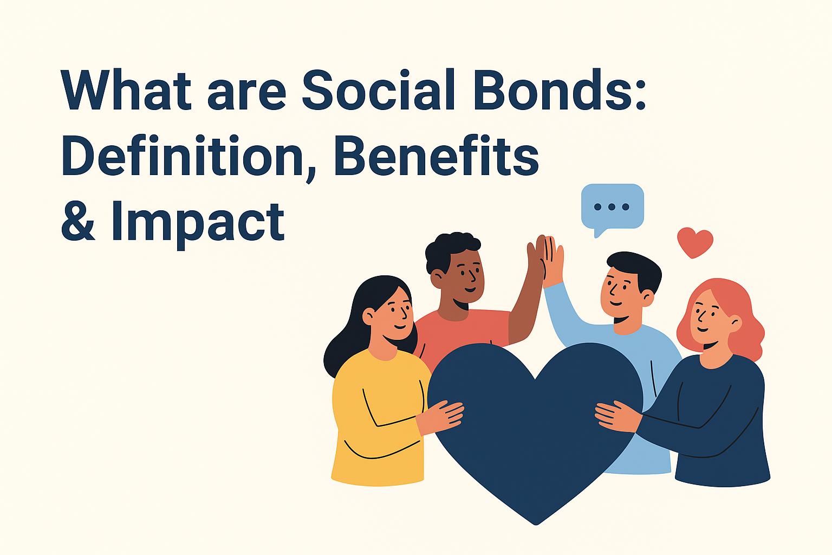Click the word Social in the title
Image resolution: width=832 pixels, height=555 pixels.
(x=379, y=89)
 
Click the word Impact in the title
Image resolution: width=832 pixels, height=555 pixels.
(x=198, y=222)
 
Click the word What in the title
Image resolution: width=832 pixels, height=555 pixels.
(x=126, y=89)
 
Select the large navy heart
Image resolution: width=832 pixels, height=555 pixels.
(x=535, y=420)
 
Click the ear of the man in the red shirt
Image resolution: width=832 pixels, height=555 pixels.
(x=437, y=277)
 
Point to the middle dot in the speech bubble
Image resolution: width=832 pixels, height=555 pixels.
(x=612, y=206)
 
